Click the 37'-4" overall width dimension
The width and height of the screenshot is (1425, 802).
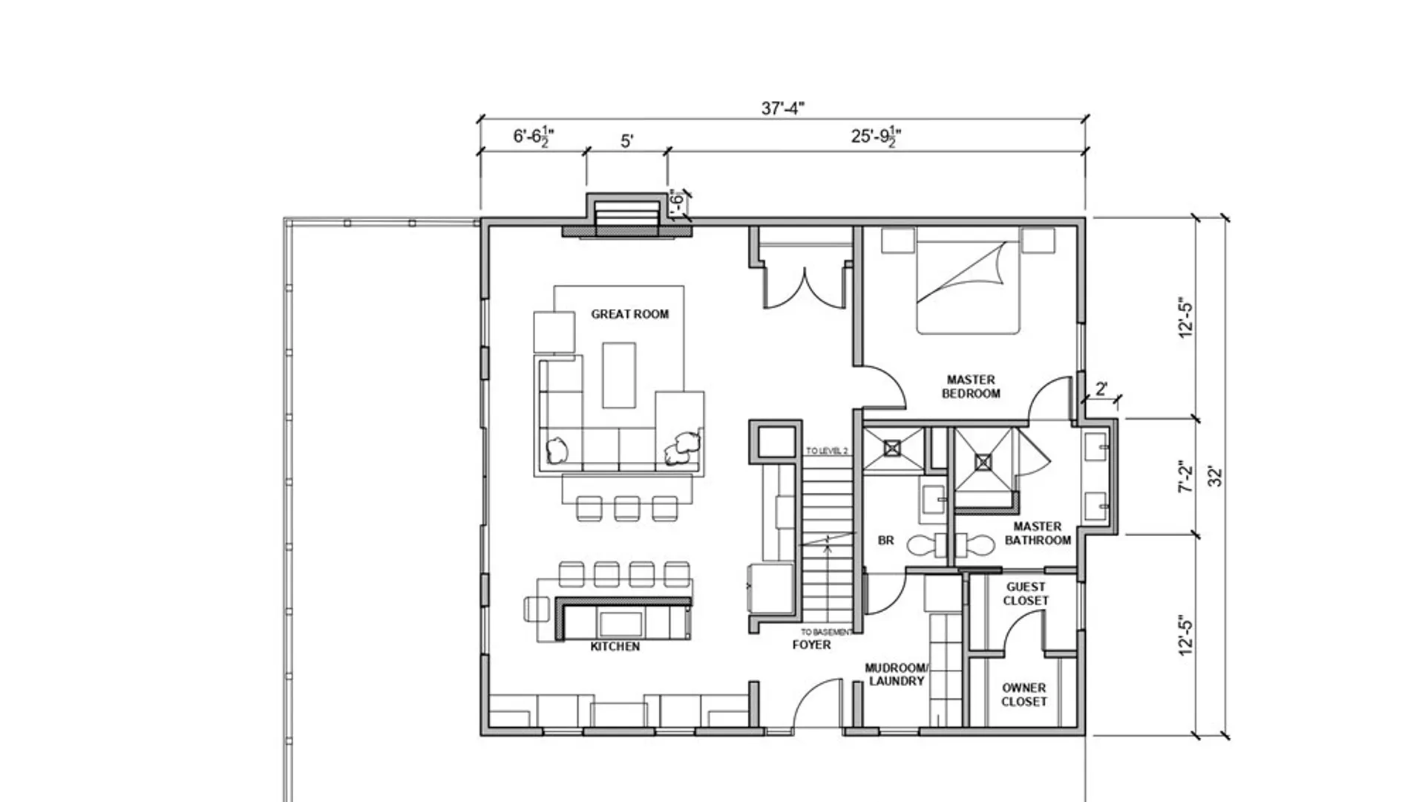coord(783,108)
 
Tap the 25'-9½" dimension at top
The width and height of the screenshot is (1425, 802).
coord(876,137)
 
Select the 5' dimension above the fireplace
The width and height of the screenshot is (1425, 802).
coord(627,141)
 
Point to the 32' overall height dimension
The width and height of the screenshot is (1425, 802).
coord(1215,476)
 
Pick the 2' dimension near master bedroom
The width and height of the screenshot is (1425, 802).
coord(1101,388)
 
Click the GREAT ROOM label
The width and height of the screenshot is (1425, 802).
coord(629,314)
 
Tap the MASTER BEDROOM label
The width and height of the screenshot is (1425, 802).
coord(971,386)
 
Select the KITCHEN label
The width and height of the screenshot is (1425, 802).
coord(615,647)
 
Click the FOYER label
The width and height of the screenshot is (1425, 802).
coord(811,645)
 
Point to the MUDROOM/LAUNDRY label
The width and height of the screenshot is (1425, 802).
coord(897,674)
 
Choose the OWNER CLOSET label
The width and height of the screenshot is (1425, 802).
coord(1024,694)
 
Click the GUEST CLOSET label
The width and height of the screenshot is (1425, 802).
coord(1026,593)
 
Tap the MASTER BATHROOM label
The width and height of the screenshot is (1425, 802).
coord(1038,533)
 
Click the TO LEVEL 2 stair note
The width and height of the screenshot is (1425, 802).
coord(827,451)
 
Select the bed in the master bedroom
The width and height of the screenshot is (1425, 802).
coord(967,286)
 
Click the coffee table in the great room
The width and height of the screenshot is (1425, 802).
coord(618,375)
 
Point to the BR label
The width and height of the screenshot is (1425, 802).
coord(885,541)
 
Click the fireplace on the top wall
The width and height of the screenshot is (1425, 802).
coord(627,217)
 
